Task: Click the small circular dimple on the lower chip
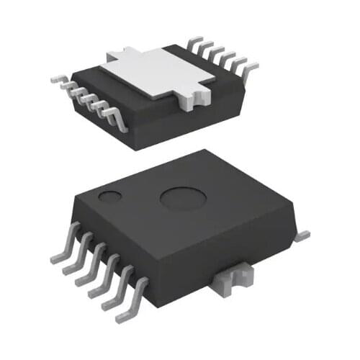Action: [x=110, y=197]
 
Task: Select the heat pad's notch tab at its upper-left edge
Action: [x=117, y=56]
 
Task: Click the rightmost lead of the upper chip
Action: [x=252, y=68]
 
